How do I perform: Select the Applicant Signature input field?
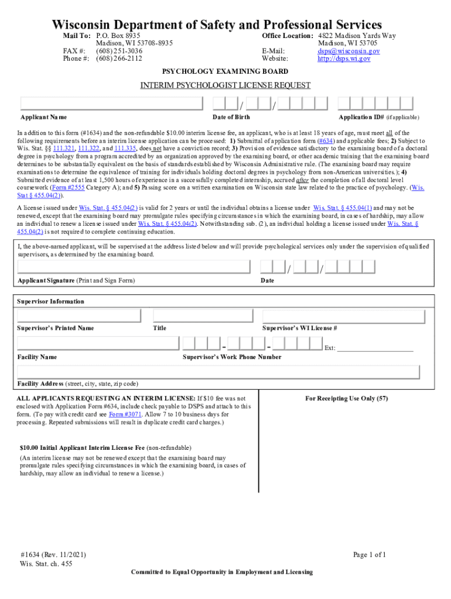click(x=134, y=267)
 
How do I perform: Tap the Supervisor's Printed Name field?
click(x=79, y=316)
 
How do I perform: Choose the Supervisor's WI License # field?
click(x=343, y=316)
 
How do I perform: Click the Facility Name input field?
click(x=97, y=343)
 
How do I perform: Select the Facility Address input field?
click(x=218, y=372)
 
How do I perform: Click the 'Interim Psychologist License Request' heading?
click(x=225, y=85)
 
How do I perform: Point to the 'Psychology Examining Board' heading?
click(x=225, y=71)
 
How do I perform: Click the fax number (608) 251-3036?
click(x=119, y=51)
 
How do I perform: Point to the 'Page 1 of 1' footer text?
click(x=370, y=555)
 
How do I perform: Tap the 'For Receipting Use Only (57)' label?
click(x=347, y=399)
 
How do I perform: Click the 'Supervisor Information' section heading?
click(x=50, y=302)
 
